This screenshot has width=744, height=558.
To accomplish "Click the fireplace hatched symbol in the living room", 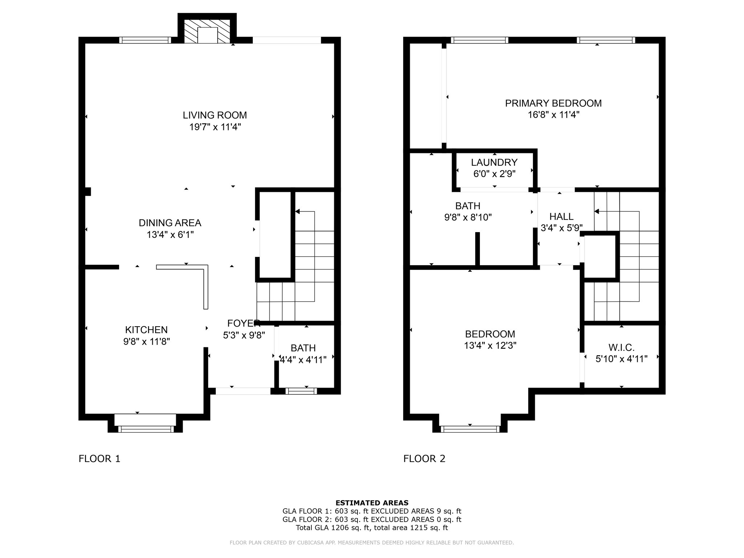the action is (x=207, y=32).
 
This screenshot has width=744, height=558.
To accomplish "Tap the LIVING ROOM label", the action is (x=215, y=115).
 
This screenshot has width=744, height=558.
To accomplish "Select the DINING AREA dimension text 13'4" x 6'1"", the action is (x=170, y=235).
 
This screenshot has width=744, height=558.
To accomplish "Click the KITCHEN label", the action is (x=146, y=330).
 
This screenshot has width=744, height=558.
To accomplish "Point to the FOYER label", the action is (x=244, y=323).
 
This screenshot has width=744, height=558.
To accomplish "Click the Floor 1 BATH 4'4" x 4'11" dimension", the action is (x=303, y=360).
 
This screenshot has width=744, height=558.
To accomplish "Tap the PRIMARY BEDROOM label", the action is (x=553, y=103).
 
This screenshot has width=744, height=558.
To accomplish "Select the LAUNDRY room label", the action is (x=494, y=162).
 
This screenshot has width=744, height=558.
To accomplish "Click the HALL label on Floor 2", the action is (x=561, y=217).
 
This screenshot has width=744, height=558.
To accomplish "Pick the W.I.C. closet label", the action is (x=622, y=348).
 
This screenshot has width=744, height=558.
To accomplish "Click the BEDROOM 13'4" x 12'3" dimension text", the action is (x=490, y=345).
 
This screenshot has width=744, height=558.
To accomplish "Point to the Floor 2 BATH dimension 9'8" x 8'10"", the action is (x=468, y=218).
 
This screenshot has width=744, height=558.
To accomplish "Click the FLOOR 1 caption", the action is (x=99, y=459).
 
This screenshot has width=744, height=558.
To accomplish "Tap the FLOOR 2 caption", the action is (x=424, y=459).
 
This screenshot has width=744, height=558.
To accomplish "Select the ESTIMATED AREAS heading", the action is (x=372, y=503).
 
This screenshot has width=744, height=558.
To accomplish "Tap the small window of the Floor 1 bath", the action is (x=301, y=391).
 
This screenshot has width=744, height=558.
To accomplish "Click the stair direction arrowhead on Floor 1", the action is (x=298, y=211).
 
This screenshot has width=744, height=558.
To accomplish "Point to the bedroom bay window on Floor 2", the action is (x=470, y=429).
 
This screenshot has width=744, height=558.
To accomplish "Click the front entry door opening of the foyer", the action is (x=243, y=391).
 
